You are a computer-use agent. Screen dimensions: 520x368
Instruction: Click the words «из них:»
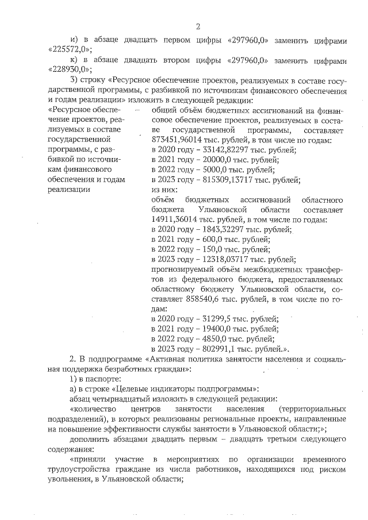click(164, 190)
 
